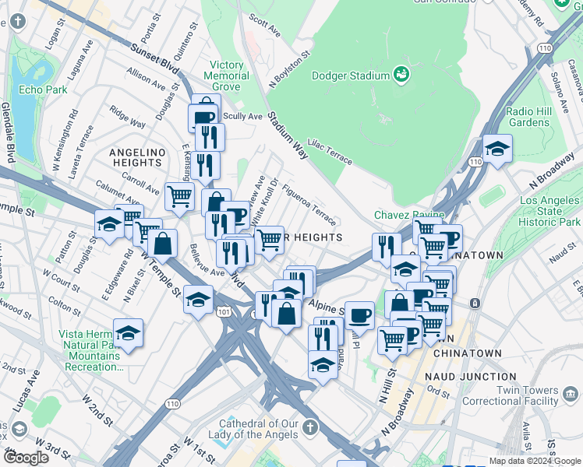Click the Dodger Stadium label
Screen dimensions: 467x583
350,75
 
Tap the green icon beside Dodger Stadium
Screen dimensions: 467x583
402,75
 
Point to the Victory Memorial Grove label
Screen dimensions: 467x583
226,76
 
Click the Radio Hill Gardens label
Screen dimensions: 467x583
528,117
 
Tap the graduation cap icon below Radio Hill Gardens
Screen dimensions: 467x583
496,148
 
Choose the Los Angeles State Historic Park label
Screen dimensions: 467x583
550,212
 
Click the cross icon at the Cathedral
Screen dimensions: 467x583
310,427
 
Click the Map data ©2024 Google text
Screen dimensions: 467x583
534,461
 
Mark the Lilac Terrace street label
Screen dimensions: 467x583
330,153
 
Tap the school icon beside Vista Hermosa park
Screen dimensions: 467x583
129,333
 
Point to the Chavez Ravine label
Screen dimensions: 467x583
408,215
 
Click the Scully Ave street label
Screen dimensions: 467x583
242,116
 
